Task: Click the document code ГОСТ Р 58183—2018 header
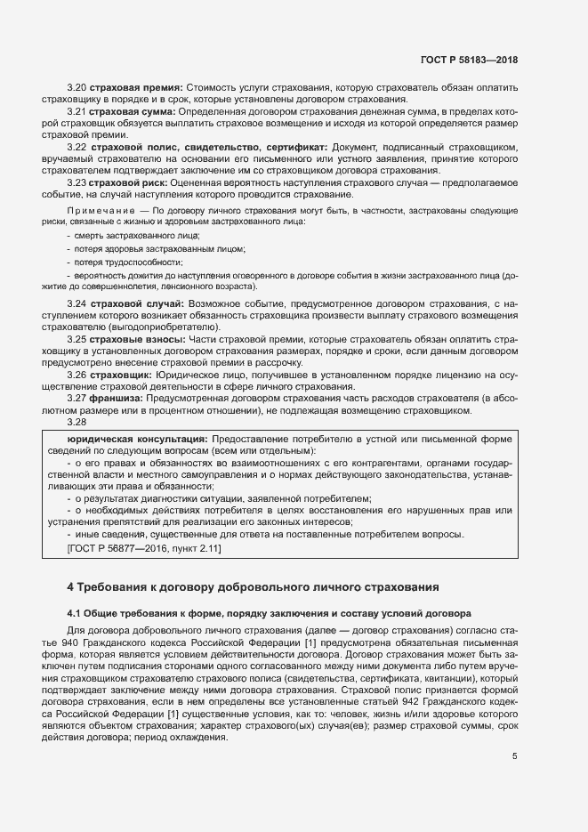pos(468,60)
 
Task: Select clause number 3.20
pos(76,87)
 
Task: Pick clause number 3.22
pos(76,146)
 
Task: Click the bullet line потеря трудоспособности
pos(127,262)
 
